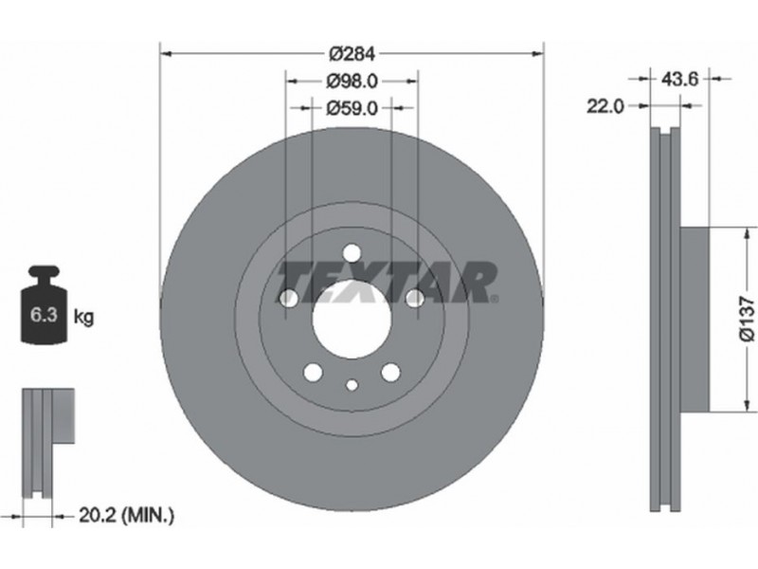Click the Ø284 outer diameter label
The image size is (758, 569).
pos(352,53)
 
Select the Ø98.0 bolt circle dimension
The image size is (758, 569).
pos(352,81)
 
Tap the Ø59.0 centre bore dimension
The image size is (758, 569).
pos(352,108)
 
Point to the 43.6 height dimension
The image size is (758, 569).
pos(679,79)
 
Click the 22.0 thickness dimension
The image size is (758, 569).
pos(605,106)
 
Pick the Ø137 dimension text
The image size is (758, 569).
pos(747,320)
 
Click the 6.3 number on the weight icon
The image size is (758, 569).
pos(44,315)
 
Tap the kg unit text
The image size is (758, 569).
pos(83,317)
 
